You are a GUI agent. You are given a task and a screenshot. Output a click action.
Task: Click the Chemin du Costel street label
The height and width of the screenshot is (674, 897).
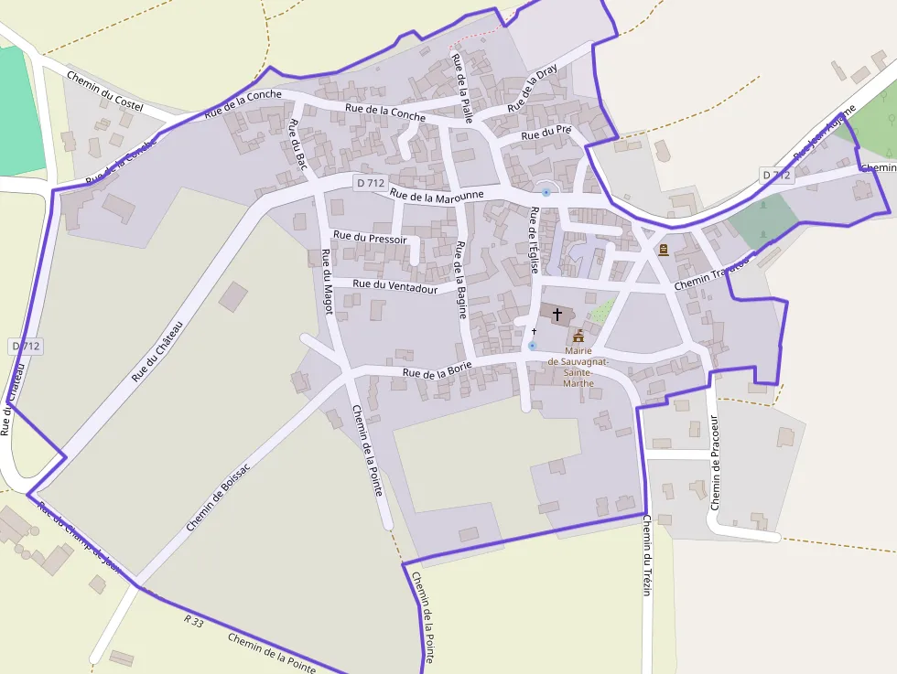(105, 91)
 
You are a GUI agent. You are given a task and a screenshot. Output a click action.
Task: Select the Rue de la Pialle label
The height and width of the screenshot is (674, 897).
(461, 88)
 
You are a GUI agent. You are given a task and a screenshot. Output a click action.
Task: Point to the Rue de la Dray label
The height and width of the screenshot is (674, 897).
(532, 89)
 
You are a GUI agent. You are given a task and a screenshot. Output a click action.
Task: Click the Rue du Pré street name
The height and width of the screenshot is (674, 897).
(546, 134)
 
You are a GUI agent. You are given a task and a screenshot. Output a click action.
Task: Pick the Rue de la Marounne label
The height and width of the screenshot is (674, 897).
(437, 194)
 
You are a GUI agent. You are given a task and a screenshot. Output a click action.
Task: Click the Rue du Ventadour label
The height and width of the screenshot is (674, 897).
(395, 285)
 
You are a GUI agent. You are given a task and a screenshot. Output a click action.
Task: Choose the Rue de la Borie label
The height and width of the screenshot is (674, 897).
(438, 370)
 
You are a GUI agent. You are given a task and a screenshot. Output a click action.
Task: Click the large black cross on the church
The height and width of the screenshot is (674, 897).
(557, 314)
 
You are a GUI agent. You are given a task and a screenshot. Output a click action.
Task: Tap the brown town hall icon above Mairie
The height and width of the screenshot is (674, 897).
(578, 336)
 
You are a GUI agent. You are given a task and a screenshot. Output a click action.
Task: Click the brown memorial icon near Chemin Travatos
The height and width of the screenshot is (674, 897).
(663, 249)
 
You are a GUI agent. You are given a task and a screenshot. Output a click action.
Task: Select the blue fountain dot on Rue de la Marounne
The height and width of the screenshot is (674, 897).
(546, 192)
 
